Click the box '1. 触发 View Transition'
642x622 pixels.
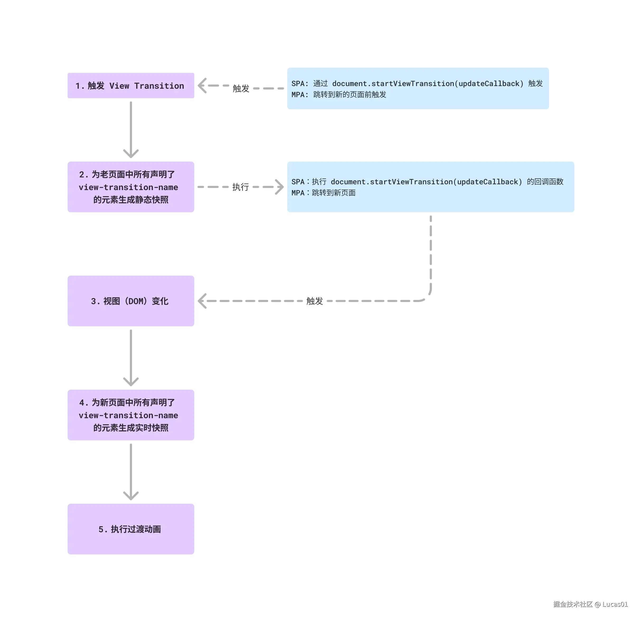coord(131,86)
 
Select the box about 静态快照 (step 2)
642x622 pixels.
coord(131,187)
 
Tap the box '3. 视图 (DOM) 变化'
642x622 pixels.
coord(131,301)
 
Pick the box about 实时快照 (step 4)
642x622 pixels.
coord(131,415)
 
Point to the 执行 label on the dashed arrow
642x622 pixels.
coord(240,187)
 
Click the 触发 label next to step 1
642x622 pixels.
coord(241,88)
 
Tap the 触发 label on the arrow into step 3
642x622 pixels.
coord(314,301)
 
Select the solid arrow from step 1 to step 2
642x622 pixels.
coord(131,130)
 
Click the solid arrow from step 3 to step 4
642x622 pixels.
coord(131,358)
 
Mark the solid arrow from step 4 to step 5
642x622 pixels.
coord(131,472)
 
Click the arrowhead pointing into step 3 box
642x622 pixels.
coord(202,301)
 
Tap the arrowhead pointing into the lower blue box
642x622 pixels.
coord(279,187)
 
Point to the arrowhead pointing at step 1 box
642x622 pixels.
coord(202,86)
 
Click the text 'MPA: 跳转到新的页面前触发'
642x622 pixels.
coord(339,95)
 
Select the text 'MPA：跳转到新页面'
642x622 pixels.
coord(323,193)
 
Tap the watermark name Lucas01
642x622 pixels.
coord(615,604)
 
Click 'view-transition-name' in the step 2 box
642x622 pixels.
coord(128,187)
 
